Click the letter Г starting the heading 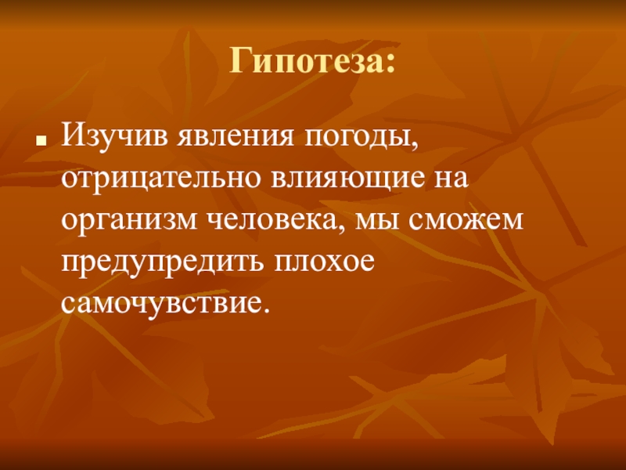(x=240, y=60)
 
